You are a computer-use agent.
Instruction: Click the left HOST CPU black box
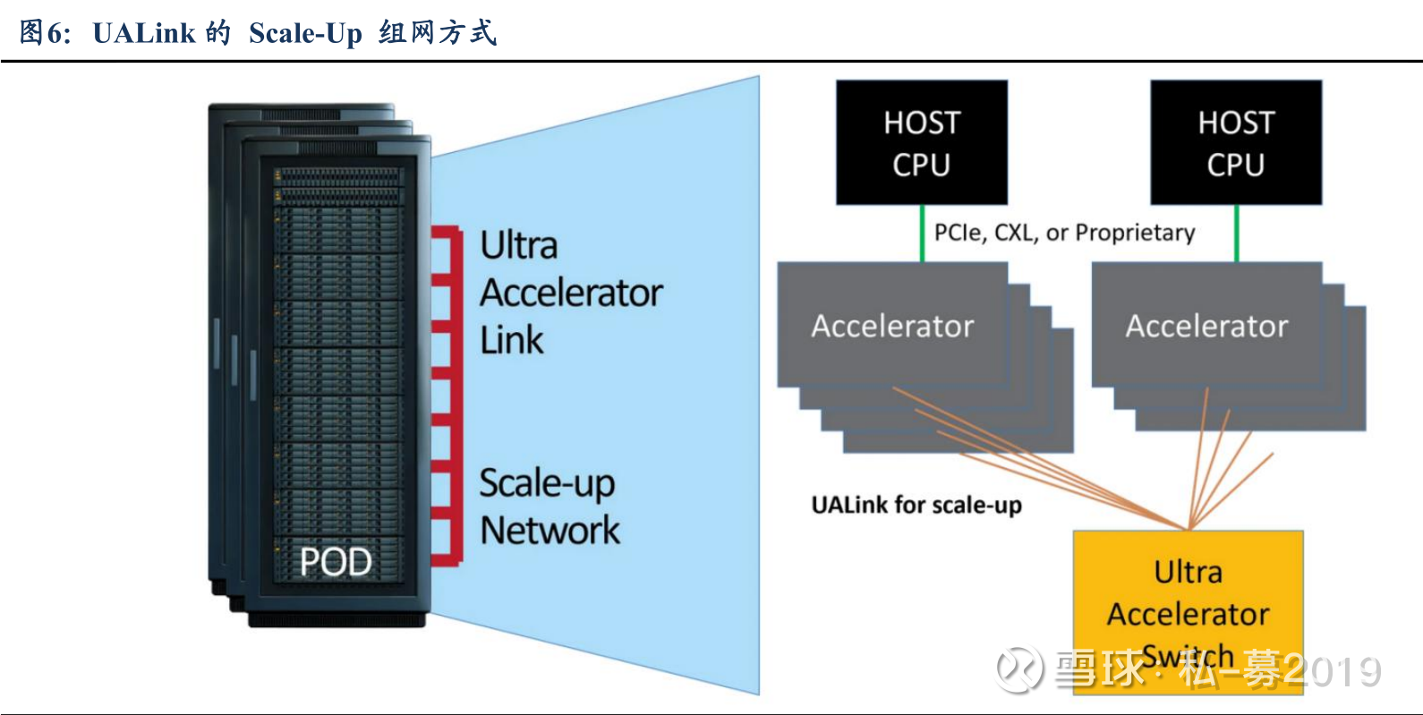coord(922,142)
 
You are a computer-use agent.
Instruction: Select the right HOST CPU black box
coord(1236,142)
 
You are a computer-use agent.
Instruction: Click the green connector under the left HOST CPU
coord(922,233)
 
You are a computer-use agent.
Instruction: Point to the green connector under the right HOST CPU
coord(1236,233)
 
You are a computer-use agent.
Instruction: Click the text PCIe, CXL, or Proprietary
coord(1064,233)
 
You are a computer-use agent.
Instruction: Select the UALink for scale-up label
coord(916,506)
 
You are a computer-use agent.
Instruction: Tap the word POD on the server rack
coord(336,562)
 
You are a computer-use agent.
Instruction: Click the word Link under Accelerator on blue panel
coord(512,340)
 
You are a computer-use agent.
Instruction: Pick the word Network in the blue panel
coord(550,531)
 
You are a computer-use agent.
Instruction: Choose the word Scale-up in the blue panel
coord(547,483)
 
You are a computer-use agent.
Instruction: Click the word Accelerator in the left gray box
coord(892,327)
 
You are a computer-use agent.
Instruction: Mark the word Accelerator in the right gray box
coord(1206,327)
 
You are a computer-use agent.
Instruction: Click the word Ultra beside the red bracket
coord(519,245)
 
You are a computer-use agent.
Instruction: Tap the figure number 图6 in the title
coord(42,33)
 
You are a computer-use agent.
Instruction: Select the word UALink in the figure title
coord(143,33)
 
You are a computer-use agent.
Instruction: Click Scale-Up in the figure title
coord(305,33)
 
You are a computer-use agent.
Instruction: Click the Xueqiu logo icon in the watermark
coord(1019,668)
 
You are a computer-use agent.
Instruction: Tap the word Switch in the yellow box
coord(1188,656)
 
